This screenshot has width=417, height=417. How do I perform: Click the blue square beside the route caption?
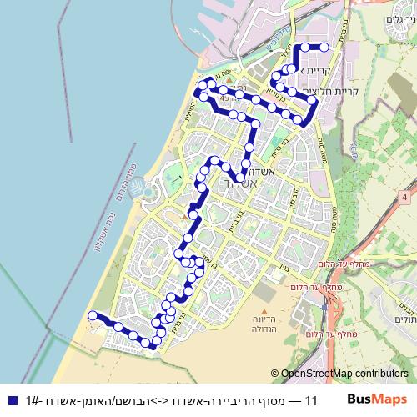pyautogui.click(x=9, y=401)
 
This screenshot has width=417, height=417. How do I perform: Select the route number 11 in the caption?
pyautogui.click(x=313, y=401)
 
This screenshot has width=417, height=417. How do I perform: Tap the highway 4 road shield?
pyautogui.click(x=404, y=197)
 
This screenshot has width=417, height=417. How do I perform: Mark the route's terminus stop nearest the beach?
pyautogui.click(x=92, y=315)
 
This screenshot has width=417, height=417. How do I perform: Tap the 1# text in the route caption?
pyautogui.click(x=34, y=401)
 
